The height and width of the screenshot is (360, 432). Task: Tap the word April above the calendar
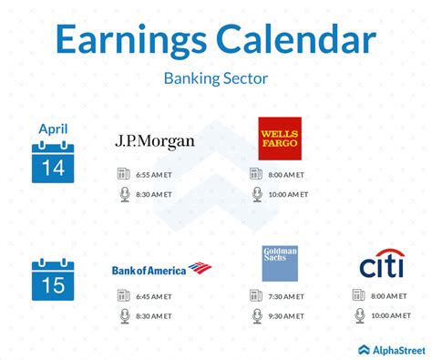pyautogui.click(x=53, y=129)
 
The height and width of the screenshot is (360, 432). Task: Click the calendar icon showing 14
pyautogui.click(x=53, y=162)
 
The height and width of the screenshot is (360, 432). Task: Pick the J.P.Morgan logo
pyautogui.click(x=155, y=141)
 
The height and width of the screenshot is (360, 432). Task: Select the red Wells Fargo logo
pyautogui.click(x=279, y=139)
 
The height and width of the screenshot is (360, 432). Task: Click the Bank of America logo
pyautogui.click(x=161, y=269)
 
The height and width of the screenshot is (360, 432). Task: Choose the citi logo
pyautogui.click(x=381, y=267)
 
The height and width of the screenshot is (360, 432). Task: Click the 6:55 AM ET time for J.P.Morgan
pyautogui.click(x=156, y=174)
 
